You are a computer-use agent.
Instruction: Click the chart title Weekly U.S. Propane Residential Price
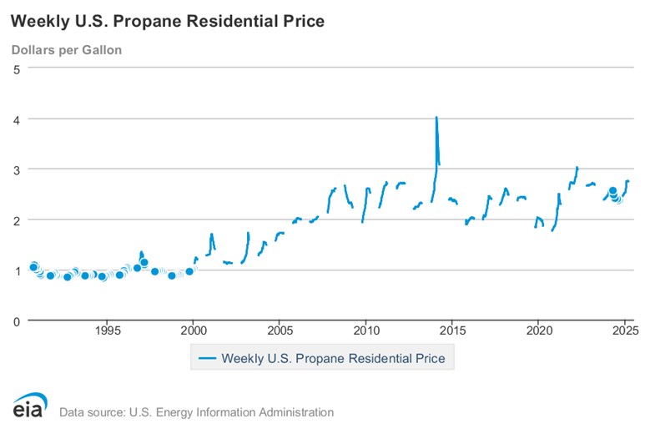[168, 20]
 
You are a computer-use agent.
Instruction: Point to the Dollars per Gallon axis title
[67, 50]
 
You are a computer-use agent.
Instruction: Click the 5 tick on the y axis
[17, 68]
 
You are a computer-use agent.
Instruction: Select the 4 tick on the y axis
[17, 119]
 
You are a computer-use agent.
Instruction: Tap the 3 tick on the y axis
[17, 169]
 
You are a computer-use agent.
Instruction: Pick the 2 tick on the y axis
[17, 220]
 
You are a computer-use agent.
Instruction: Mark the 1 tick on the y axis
[17, 270]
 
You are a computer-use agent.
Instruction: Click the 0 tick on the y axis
[17, 320]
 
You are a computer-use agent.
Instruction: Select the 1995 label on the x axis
[107, 331]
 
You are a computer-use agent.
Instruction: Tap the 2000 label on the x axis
[193, 331]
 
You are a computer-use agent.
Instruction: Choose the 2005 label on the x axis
[280, 331]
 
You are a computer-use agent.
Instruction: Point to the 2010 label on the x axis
[365, 331]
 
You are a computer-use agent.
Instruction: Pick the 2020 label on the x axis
[538, 331]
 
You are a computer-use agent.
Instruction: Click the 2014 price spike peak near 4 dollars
[436, 118]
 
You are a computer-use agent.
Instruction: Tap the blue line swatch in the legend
[205, 359]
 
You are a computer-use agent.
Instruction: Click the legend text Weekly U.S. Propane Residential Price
[333, 359]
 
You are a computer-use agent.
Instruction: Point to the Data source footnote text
[196, 412]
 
